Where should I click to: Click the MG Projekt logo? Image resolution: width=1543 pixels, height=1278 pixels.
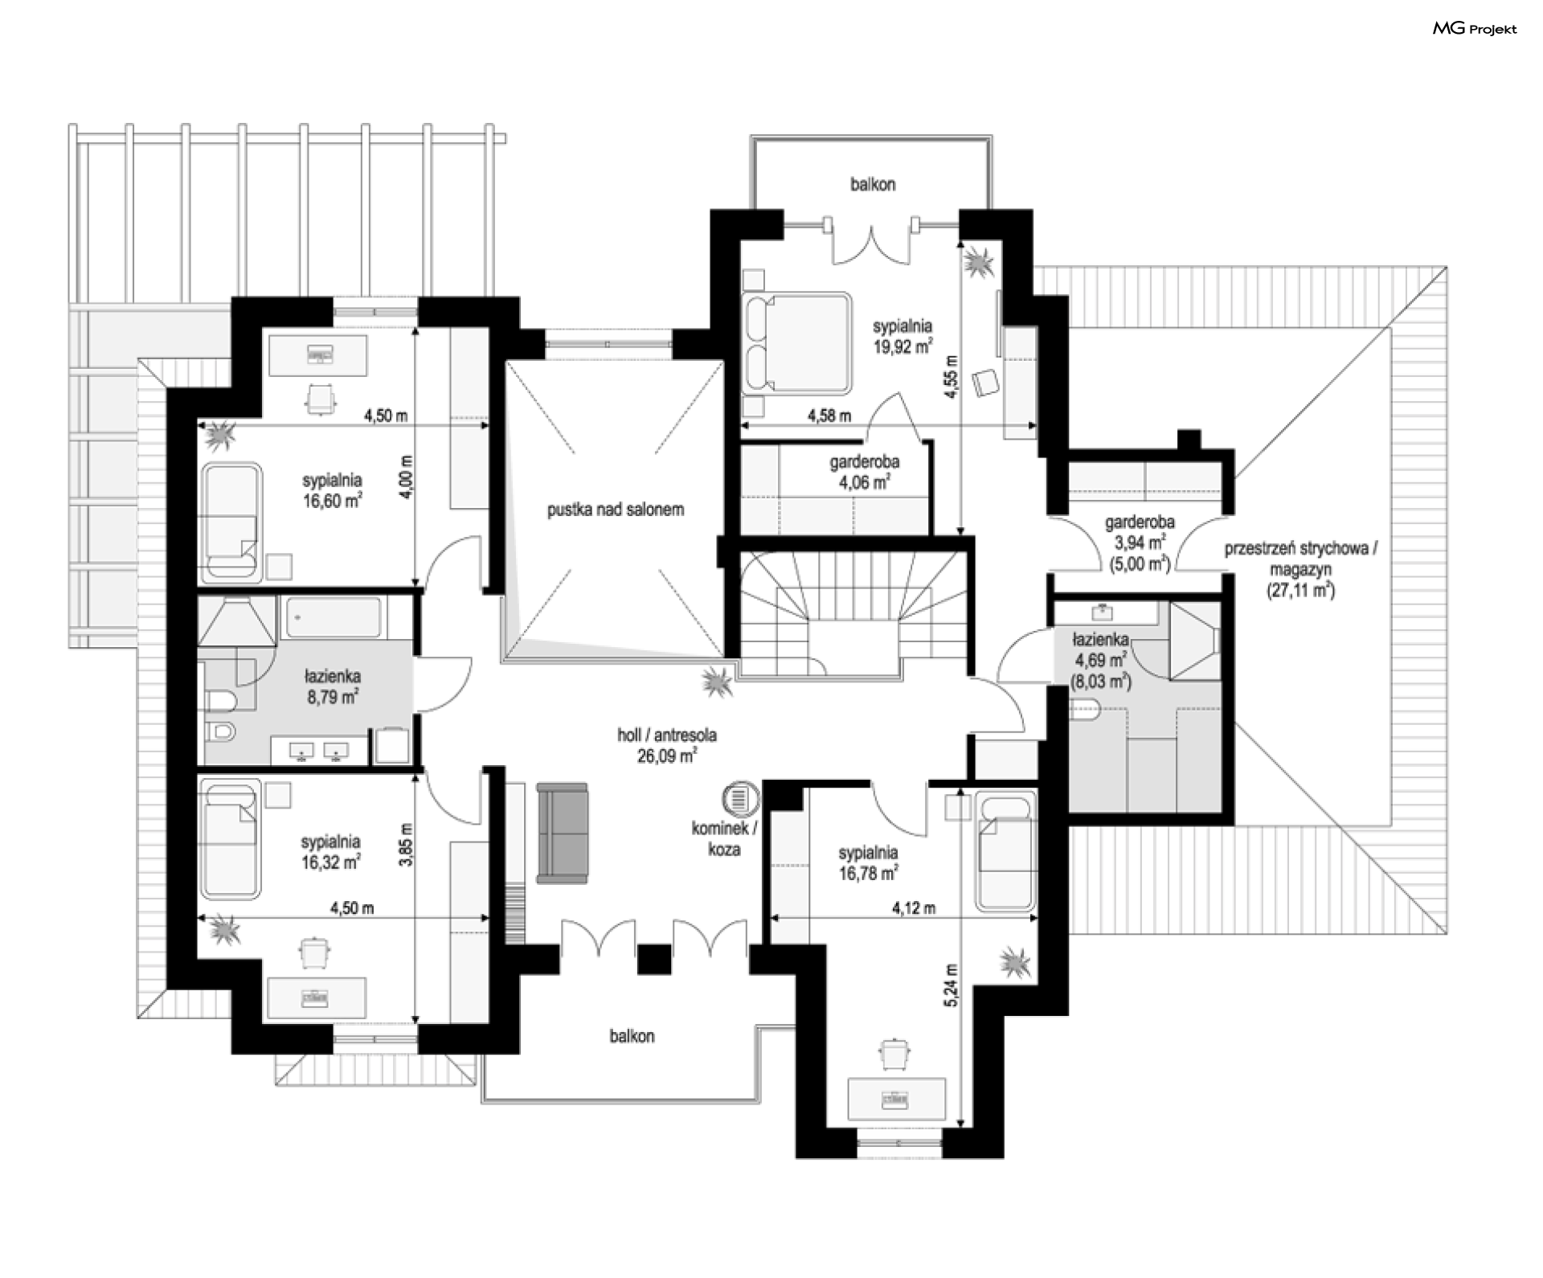(x=1475, y=29)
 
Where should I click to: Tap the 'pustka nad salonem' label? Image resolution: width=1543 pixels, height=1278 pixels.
(x=616, y=509)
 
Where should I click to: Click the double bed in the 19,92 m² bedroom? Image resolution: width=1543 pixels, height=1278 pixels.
(x=796, y=343)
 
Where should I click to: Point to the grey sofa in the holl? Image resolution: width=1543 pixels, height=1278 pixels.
(x=563, y=834)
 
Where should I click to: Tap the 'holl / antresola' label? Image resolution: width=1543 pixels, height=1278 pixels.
(x=667, y=735)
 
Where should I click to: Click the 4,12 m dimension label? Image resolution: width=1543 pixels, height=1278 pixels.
(x=914, y=909)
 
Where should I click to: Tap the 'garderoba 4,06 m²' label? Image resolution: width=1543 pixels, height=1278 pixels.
(x=864, y=473)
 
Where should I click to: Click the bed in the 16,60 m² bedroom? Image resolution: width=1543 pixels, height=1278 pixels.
(x=231, y=522)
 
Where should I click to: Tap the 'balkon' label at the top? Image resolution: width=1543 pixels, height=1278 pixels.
(x=873, y=185)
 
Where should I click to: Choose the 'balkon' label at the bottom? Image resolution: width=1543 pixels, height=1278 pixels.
(x=632, y=1036)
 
